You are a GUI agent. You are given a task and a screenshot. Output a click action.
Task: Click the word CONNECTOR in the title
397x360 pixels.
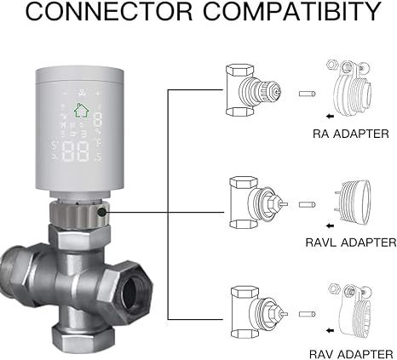coord(99,14)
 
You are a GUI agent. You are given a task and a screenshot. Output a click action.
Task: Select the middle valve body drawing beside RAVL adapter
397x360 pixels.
coord(252,203)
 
